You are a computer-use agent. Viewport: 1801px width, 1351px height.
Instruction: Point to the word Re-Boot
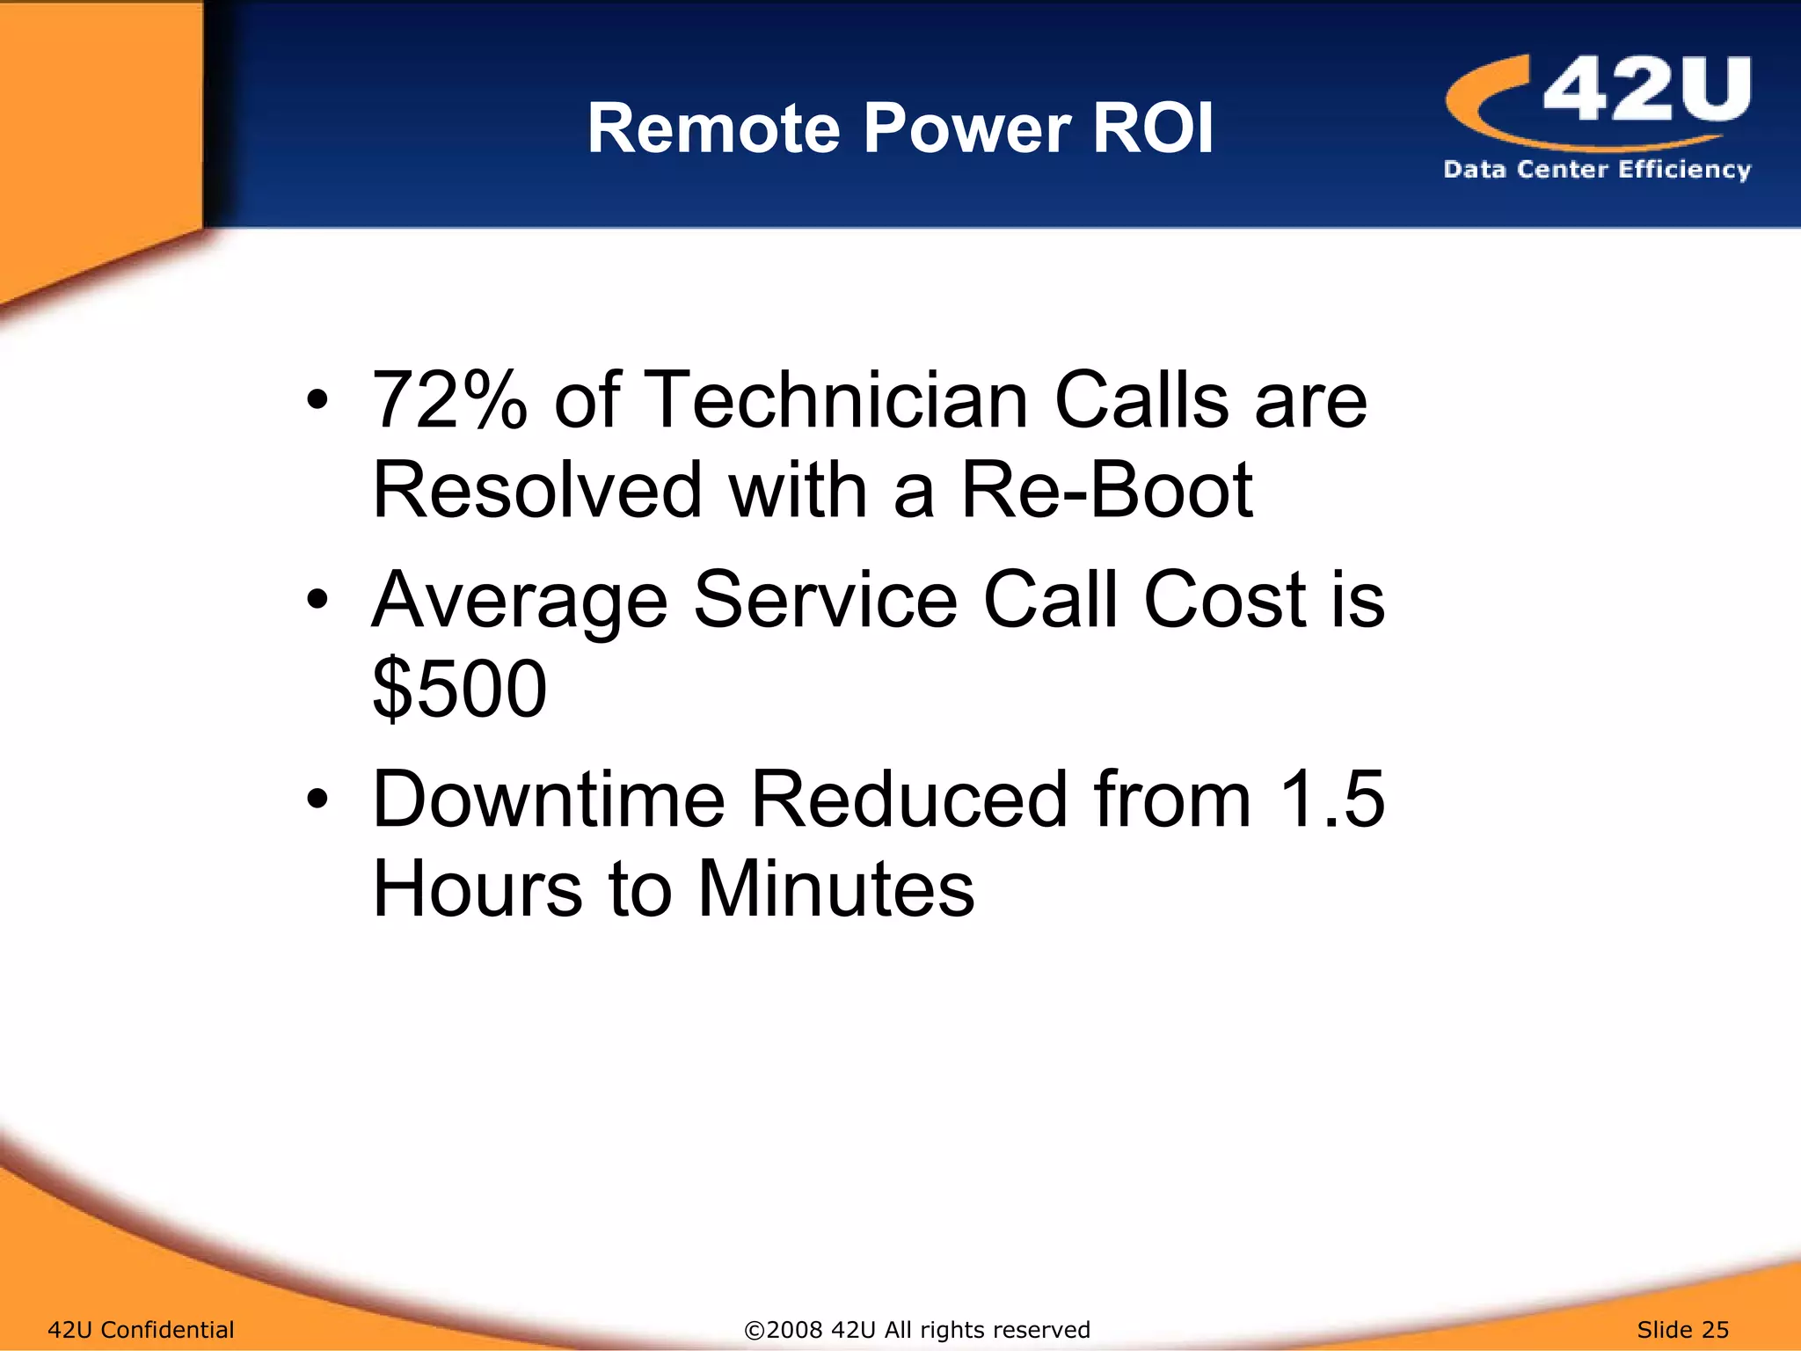click(1107, 490)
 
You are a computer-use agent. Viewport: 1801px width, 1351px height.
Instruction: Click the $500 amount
click(459, 689)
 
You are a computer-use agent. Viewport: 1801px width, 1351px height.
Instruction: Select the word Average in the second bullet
click(520, 601)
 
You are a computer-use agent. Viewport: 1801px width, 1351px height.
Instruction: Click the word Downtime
click(549, 800)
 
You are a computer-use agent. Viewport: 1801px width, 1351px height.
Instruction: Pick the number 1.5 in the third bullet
click(1331, 800)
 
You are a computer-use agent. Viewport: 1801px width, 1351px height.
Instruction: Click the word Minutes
click(835, 888)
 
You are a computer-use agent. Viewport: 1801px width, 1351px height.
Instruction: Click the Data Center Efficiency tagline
click(1597, 169)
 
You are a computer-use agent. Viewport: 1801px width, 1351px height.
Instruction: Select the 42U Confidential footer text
click(141, 1329)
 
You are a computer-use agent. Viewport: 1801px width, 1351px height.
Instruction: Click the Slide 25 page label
click(1682, 1329)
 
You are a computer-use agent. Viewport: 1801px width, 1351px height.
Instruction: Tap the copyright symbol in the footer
click(754, 1330)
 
